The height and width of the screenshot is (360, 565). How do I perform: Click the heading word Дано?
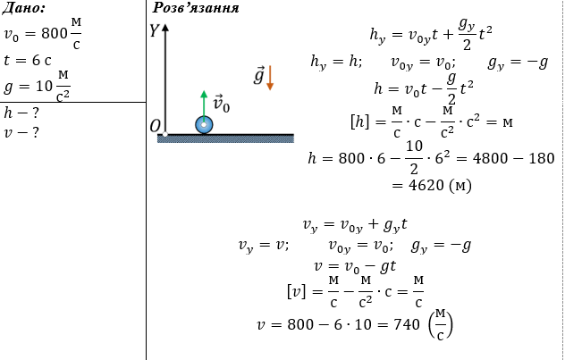coord(23,8)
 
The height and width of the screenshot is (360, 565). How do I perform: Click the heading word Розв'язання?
coord(196,7)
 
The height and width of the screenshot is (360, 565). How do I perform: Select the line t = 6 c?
coord(28,60)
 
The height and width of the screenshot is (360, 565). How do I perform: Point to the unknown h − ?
coord(21,113)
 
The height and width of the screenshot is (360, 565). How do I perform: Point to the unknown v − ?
coord(21,132)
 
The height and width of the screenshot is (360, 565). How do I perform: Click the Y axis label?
coord(155,30)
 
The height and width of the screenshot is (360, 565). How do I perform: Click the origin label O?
coord(155,126)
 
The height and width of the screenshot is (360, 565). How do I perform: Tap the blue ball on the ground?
coord(204,125)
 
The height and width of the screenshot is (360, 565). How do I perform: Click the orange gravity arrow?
coord(270,78)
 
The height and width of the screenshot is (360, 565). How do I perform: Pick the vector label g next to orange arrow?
coord(258,76)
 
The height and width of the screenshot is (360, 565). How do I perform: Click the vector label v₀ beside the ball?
coord(221,105)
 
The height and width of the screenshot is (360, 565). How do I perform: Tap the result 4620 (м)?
coord(432,186)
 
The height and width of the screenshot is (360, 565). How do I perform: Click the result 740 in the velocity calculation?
coord(407,324)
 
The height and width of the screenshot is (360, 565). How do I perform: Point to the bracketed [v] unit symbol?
coord(296,291)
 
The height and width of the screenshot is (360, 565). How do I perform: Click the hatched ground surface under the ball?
coord(225,138)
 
